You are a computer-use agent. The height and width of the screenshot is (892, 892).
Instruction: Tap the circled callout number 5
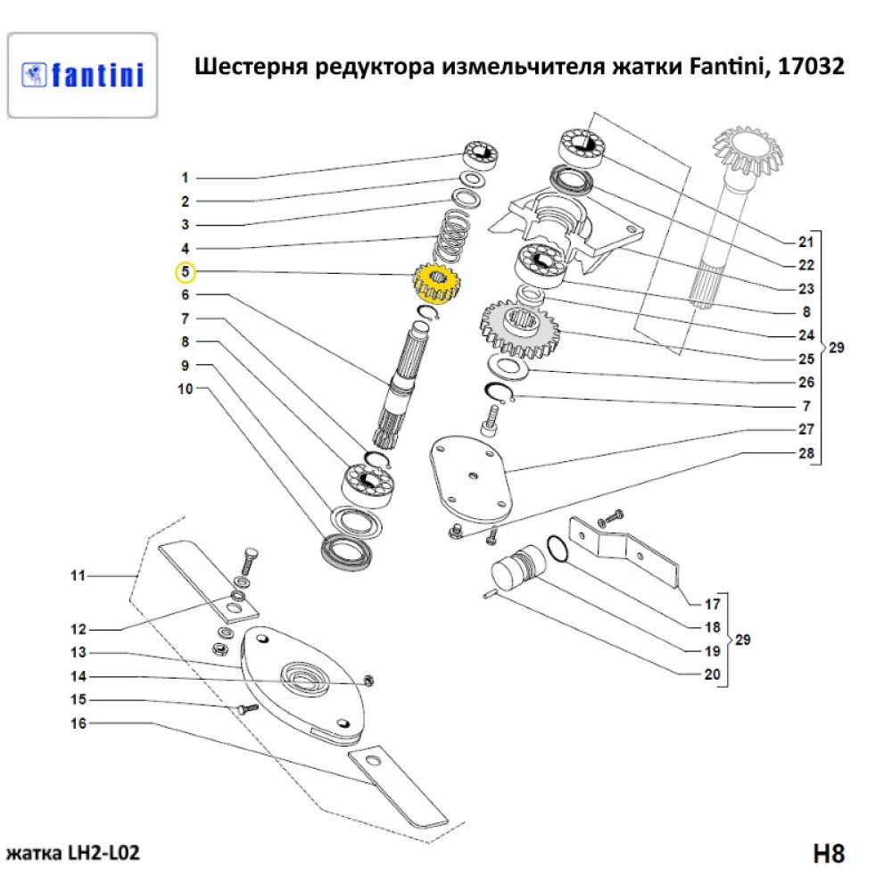coord(185,271)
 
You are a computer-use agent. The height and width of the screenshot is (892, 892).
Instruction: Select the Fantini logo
coord(82,75)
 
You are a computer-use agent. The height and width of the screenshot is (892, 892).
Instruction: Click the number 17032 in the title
coord(807,68)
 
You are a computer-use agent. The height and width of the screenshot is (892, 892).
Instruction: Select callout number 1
coord(185,177)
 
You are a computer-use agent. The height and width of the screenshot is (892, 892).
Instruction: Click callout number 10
coord(185,389)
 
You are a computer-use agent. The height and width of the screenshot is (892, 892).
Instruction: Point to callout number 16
coord(78,723)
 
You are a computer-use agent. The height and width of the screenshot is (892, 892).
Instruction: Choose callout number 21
coord(805,242)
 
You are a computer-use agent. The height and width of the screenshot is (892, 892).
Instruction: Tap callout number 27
coord(805,429)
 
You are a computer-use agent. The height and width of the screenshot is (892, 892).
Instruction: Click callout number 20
coord(711,674)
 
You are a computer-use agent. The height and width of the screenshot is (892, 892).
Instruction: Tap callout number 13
coord(78,652)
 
